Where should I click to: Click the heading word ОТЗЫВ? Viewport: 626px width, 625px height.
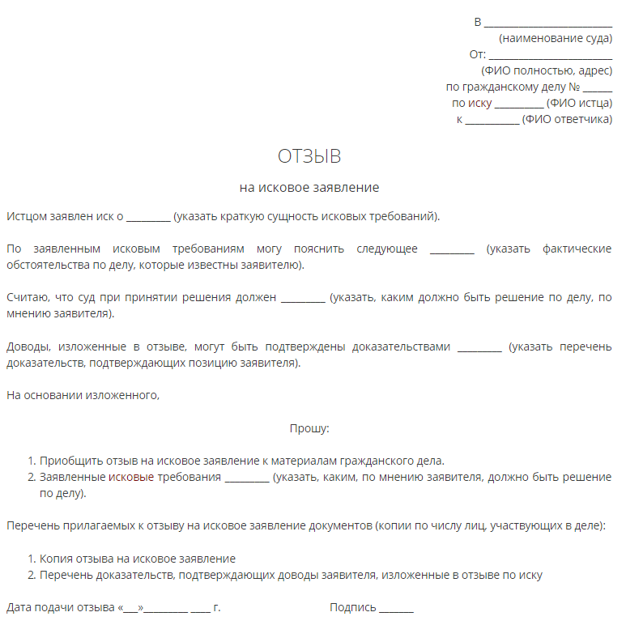309,156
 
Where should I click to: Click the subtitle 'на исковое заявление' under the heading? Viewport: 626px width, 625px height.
309,188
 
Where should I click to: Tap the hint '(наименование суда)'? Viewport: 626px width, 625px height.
556,38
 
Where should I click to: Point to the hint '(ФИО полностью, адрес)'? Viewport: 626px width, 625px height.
547,71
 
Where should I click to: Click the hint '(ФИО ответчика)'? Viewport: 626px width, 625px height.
567,120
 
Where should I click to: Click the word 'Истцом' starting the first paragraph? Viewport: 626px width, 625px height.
26,216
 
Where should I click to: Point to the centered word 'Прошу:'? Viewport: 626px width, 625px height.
309,428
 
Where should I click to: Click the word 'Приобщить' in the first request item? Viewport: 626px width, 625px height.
67,461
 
